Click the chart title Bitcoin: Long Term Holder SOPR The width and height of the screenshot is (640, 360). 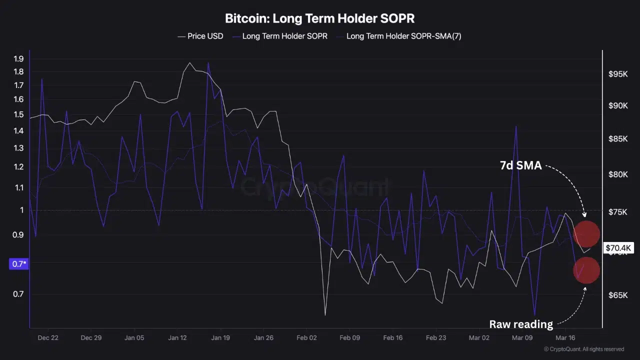coord(319,19)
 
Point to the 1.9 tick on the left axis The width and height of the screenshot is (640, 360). coord(19,59)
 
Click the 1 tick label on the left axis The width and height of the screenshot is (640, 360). coord(21,210)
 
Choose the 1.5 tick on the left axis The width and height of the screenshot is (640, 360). coord(19,114)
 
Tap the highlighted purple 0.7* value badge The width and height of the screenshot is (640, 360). coord(19,263)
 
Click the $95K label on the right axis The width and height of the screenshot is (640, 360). coord(618,74)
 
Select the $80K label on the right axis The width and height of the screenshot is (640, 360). coord(618,174)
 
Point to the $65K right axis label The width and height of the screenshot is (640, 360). coord(618,295)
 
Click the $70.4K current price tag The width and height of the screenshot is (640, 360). coord(619,248)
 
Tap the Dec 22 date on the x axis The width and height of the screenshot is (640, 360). coord(48,337)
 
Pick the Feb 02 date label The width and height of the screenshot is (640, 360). coord(306,337)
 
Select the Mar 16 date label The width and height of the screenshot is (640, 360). coord(565,337)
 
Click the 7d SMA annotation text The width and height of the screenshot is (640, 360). coord(521,165)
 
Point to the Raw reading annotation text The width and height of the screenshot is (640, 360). coord(521,324)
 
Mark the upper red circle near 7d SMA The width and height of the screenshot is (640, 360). coord(586,234)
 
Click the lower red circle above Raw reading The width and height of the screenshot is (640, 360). coord(586,270)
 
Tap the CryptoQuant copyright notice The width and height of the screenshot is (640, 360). coord(584,349)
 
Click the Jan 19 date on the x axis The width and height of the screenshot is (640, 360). coord(220,337)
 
